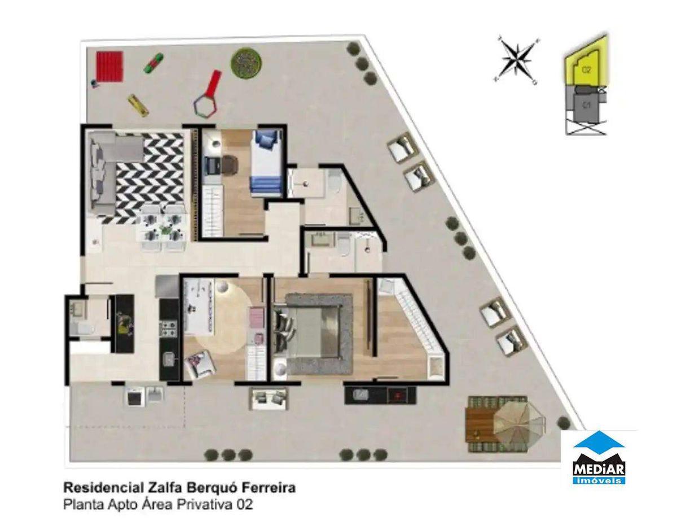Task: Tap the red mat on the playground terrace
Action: coord(109,66)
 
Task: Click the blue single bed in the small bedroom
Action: coord(266,163)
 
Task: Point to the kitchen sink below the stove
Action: coord(169,358)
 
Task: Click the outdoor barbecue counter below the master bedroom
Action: coord(380,394)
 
